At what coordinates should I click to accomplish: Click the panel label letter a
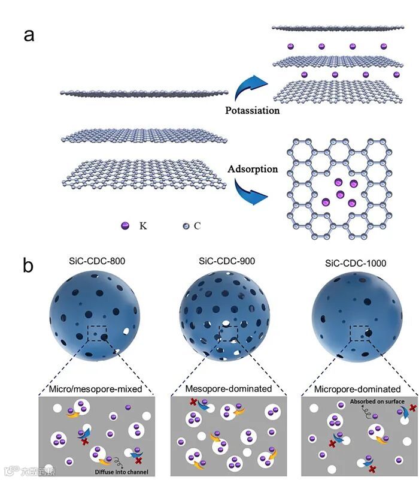point(29,35)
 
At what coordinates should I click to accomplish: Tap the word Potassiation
point(252,110)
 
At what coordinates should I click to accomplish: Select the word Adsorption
point(253,169)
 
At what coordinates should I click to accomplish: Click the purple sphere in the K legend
point(125,227)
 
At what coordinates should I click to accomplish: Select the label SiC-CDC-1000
point(360,263)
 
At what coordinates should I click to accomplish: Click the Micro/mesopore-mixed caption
point(96,388)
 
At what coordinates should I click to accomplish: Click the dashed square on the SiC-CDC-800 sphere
point(96,333)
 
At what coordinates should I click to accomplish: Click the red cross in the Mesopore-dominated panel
point(193,403)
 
